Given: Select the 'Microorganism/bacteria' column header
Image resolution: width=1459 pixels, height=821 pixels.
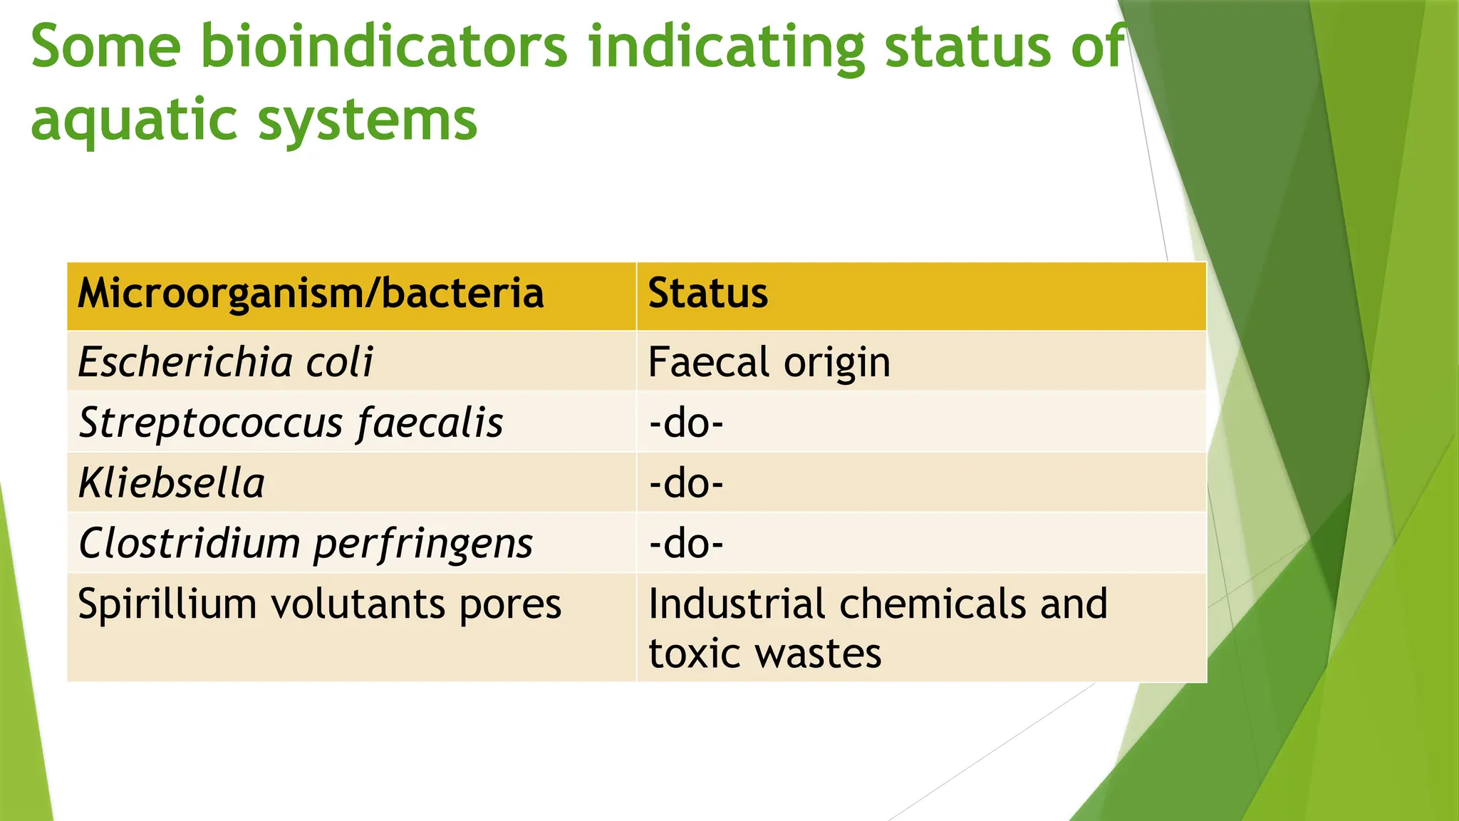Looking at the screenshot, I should point(311,294).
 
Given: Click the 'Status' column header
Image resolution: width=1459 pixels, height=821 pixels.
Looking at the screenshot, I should point(707,294).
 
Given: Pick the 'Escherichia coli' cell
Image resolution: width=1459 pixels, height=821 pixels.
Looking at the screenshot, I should point(225,362).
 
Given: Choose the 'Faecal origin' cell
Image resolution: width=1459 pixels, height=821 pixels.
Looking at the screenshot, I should point(769,362).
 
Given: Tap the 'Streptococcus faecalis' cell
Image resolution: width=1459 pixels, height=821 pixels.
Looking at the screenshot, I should point(291,423).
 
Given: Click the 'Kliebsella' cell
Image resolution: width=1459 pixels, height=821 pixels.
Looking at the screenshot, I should point(172,483).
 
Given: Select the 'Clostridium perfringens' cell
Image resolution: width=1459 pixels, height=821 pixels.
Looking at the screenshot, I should point(306,544).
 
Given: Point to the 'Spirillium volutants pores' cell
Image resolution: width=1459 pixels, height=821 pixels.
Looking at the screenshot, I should point(319,604).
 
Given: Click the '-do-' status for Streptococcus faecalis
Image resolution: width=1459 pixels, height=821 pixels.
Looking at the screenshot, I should point(686,423).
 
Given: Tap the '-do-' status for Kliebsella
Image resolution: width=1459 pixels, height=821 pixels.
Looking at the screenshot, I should point(686,483).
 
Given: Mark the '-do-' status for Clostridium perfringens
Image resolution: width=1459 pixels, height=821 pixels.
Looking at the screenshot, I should point(686,544).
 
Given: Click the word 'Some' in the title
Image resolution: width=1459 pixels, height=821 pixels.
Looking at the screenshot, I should point(105,47).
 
